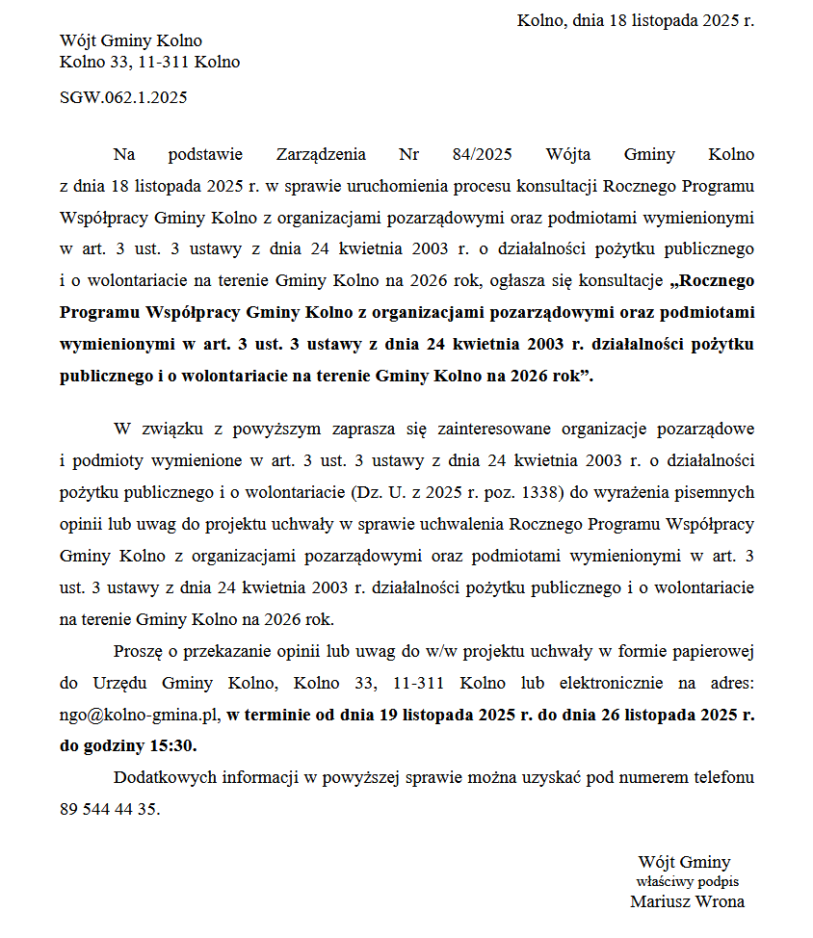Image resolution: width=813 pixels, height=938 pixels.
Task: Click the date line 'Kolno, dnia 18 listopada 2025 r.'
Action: [x=635, y=20]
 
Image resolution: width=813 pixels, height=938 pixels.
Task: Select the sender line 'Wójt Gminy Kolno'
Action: [x=131, y=40]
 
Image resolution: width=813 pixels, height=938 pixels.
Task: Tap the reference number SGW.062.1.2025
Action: [x=123, y=97]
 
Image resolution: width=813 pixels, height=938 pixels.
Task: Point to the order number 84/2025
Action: [x=482, y=154]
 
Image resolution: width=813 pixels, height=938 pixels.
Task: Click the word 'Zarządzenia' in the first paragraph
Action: [x=321, y=154]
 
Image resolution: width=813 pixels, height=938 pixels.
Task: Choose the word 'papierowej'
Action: [x=712, y=651]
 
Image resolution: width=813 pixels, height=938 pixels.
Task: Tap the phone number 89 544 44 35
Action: [x=108, y=809]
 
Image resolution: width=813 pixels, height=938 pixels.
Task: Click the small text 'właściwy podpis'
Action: [x=688, y=881]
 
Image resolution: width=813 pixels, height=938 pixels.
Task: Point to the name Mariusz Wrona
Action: [x=687, y=902]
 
